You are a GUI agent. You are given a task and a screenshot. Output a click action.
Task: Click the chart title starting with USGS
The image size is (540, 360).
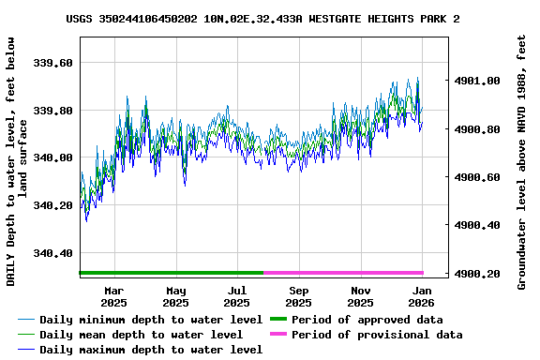point(262,19)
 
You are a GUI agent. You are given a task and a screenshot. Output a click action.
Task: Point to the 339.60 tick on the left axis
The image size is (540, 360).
point(53,63)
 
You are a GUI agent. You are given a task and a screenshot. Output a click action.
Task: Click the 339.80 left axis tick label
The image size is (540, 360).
point(53,111)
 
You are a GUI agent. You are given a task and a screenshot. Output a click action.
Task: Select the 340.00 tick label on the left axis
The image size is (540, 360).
point(53,157)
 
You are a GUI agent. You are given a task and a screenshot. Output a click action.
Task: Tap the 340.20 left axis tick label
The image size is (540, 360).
point(53,205)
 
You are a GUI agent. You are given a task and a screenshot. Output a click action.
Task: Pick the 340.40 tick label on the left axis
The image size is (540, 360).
point(53,253)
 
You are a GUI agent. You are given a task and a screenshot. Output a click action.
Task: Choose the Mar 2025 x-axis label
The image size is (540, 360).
point(113,296)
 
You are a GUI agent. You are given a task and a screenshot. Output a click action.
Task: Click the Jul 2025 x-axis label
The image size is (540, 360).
point(236,296)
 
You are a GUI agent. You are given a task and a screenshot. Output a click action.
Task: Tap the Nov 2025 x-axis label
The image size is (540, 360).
point(360,296)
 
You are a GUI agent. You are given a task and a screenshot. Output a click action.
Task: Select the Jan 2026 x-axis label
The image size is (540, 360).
point(422,296)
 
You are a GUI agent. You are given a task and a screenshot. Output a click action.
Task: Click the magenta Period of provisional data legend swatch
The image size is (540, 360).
point(278,335)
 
